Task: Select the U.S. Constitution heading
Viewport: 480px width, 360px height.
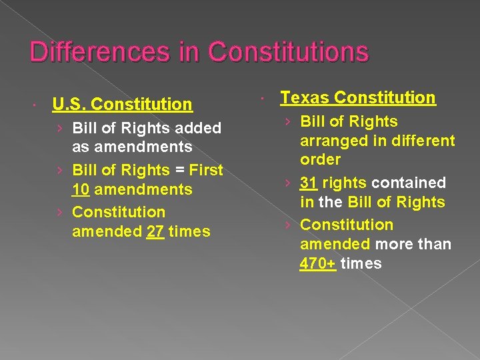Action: (122, 104)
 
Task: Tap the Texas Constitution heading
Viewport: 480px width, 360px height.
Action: (358, 97)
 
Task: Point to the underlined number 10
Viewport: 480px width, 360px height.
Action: (81, 189)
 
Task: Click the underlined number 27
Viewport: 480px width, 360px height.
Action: (155, 231)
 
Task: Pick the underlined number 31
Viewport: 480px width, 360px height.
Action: (309, 183)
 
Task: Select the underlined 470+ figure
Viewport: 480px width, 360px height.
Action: (318, 263)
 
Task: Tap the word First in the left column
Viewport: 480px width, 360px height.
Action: (207, 170)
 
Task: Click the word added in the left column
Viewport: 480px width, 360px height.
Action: (197, 127)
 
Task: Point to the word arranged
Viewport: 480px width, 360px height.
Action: (331, 141)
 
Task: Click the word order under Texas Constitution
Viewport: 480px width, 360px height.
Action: (320, 160)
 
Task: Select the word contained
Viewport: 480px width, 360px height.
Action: (408, 183)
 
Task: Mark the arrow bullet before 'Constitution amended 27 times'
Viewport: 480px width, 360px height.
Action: (61, 212)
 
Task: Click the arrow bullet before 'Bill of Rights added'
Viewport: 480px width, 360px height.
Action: (61, 127)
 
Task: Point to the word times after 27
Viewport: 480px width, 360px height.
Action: (189, 231)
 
